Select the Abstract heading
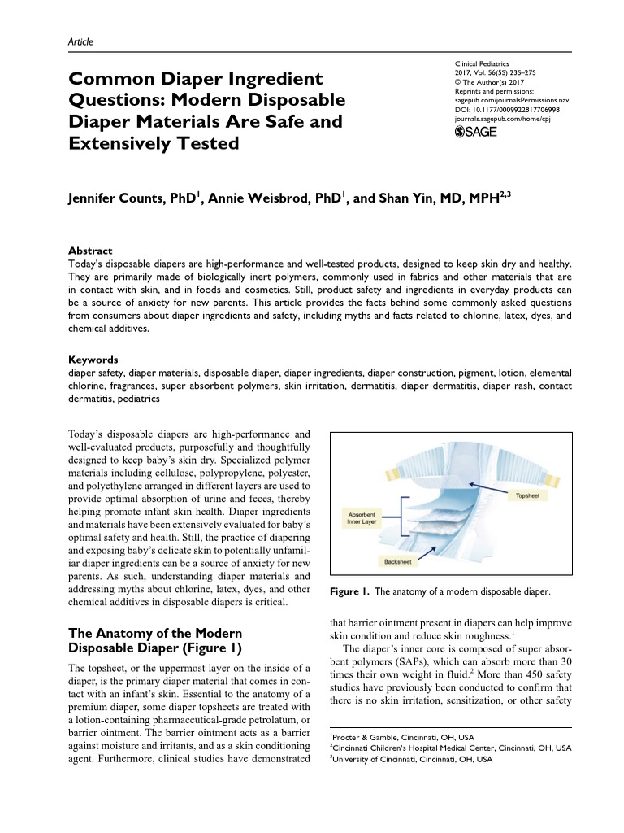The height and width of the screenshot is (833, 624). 89,251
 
